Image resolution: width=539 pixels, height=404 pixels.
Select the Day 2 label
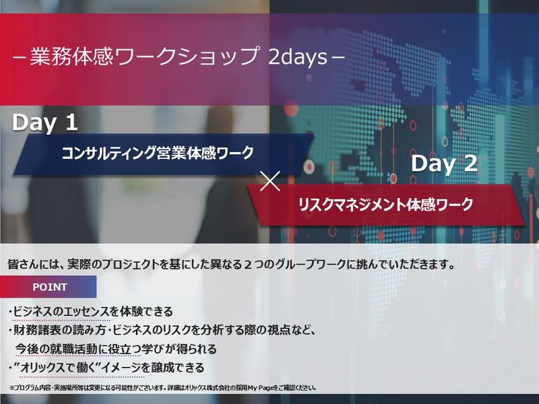[444, 164]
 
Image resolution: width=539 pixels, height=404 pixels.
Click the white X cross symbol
[269, 180]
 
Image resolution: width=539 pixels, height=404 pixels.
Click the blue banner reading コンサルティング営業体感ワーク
[158, 154]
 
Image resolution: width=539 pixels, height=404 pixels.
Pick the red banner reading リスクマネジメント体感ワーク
[385, 203]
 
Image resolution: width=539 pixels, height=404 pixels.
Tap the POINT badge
[50, 288]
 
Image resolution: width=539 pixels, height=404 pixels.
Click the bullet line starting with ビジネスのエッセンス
[91, 312]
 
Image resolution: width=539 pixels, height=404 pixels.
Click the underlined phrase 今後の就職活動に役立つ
[80, 349]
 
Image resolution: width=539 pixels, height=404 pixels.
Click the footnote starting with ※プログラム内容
[162, 388]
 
